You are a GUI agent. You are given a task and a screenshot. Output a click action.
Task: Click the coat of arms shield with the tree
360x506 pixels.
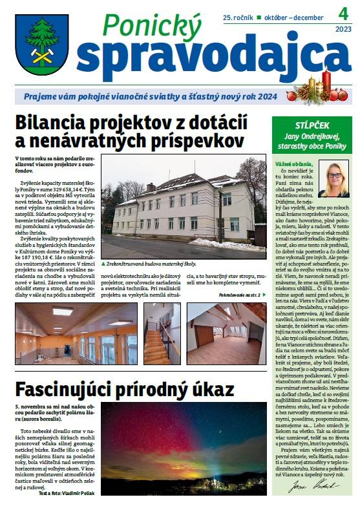[x=42, y=43]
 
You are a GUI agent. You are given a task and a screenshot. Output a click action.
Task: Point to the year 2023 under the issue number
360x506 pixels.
[x=343, y=29]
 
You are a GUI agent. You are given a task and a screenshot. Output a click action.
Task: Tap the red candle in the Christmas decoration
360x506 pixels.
[x=326, y=81]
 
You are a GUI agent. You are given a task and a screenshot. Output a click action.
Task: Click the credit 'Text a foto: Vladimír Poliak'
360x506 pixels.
[x=61, y=492]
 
